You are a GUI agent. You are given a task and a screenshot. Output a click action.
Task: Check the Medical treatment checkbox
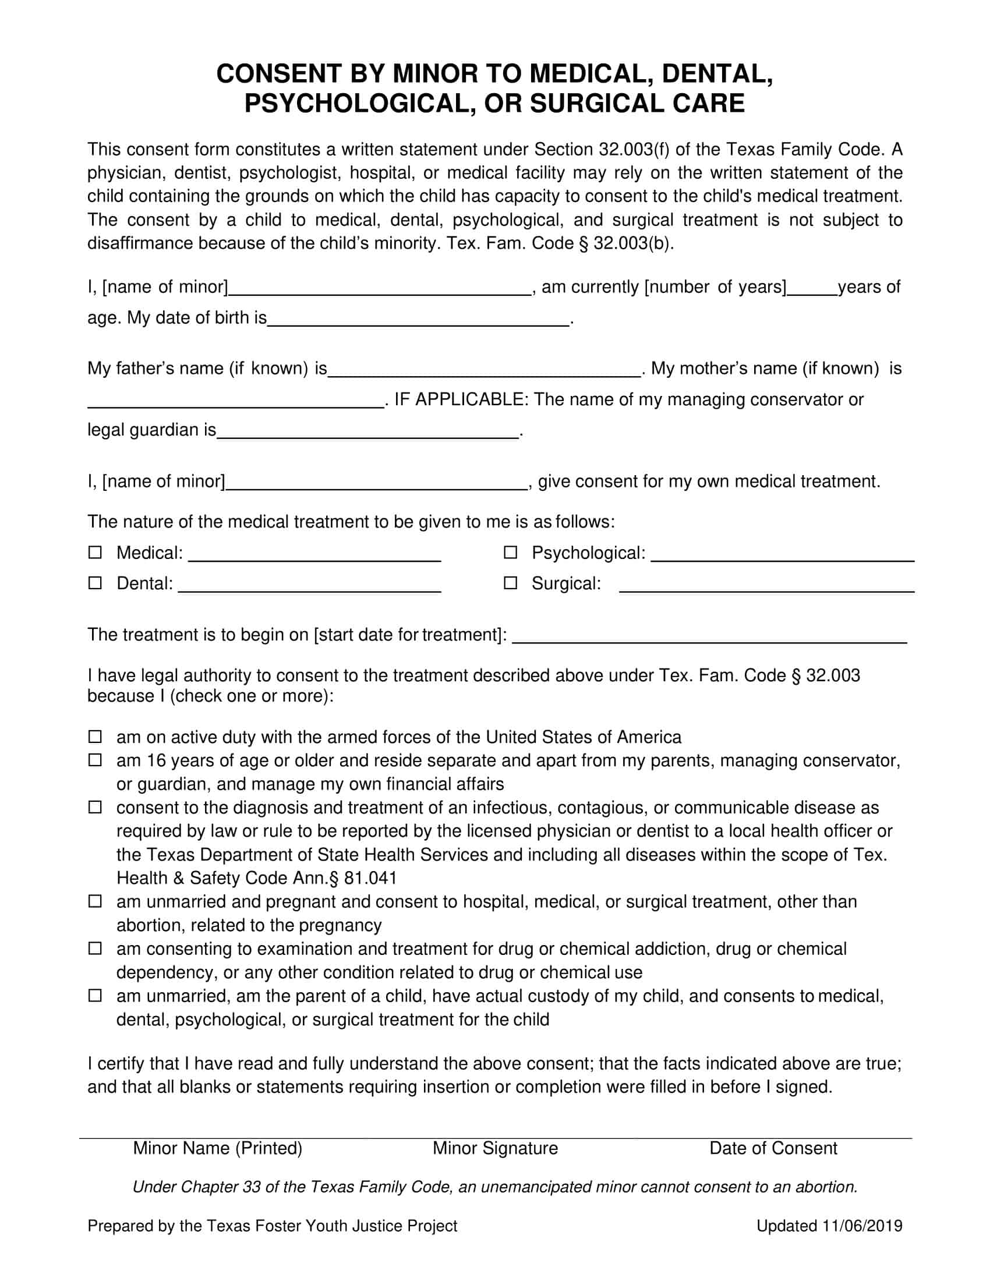pyautogui.click(x=95, y=553)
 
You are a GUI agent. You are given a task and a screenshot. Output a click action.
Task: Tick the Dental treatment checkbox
pyautogui.click(x=95, y=583)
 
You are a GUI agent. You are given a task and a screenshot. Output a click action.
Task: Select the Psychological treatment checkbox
pyautogui.click(x=511, y=553)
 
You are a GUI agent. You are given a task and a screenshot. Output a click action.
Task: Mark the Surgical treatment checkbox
pyautogui.click(x=511, y=583)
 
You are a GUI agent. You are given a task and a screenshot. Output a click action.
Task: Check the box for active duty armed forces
pyautogui.click(x=95, y=737)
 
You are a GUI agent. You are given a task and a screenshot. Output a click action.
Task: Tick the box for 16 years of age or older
pyautogui.click(x=95, y=760)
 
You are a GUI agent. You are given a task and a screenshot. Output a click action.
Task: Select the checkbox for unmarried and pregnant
pyautogui.click(x=95, y=901)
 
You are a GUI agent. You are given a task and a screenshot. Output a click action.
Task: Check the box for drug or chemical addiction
pyautogui.click(x=95, y=949)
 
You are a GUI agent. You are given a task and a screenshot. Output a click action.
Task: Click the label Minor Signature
pyautogui.click(x=495, y=1148)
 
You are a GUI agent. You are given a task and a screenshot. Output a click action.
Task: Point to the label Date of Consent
pyautogui.click(x=773, y=1148)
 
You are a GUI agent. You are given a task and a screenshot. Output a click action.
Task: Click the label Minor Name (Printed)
pyautogui.click(x=218, y=1148)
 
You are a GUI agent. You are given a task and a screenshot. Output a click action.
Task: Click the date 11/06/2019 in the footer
pyautogui.click(x=862, y=1226)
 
